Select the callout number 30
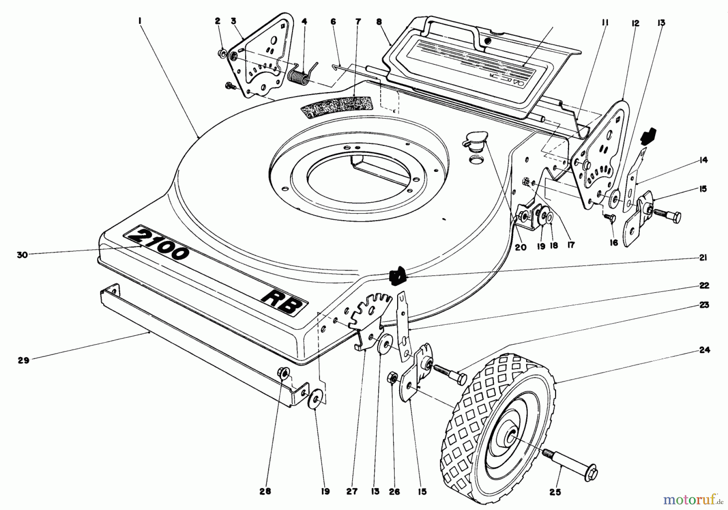(x=22, y=255)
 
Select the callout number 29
(x=23, y=360)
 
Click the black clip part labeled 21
(x=397, y=275)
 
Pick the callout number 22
(x=704, y=286)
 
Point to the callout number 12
(x=635, y=23)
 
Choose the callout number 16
(x=614, y=243)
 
